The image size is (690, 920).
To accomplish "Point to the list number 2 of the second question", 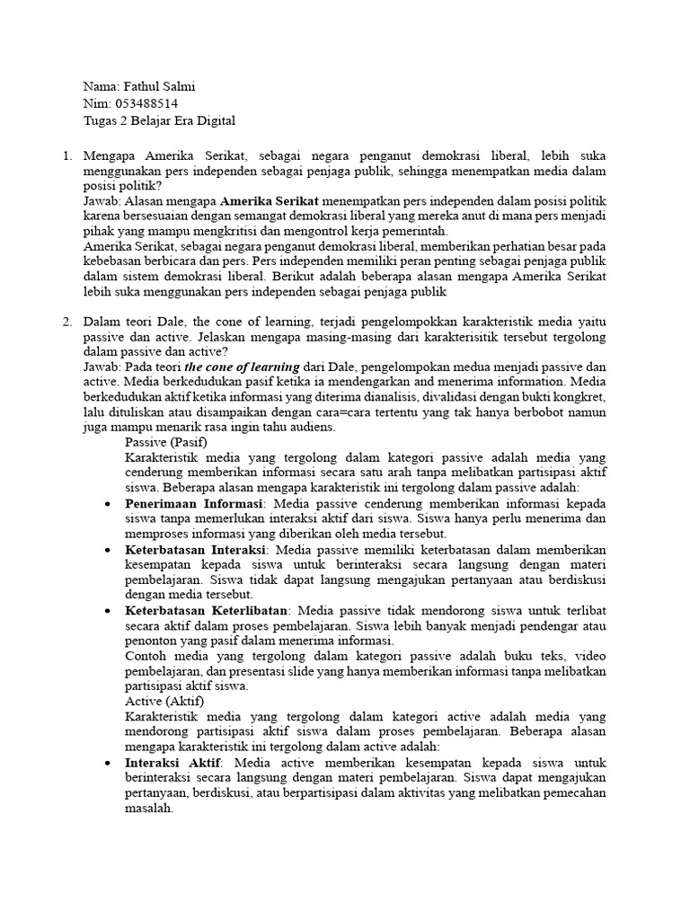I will point(66,321).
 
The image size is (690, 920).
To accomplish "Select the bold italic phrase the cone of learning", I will point(242,367).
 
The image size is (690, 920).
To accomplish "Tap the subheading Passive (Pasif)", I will point(165,443).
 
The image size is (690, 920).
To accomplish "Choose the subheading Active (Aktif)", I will point(164,700).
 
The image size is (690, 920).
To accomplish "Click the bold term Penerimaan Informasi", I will point(193,503).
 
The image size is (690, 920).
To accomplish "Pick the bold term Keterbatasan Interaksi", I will point(195,549).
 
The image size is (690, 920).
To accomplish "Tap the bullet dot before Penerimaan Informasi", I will point(107,503).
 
